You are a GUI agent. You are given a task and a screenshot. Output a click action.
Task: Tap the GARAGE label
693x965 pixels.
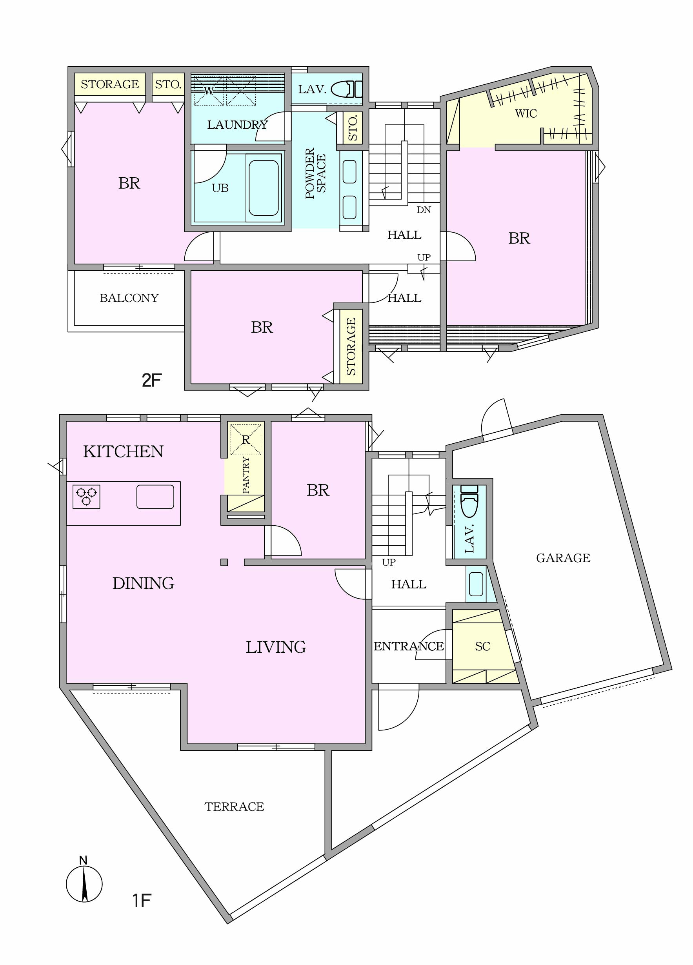[563, 558]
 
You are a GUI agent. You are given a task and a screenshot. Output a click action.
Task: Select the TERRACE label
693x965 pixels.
[234, 806]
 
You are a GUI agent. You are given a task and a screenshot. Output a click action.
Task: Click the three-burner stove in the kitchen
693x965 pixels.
[86, 497]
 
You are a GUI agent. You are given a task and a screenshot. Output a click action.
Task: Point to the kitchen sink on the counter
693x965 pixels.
[155, 497]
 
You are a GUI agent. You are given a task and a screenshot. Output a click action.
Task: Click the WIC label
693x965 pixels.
[526, 114]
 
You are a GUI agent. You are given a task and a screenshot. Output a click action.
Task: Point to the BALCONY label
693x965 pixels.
[129, 298]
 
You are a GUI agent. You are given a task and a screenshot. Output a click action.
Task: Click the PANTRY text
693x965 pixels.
[246, 475]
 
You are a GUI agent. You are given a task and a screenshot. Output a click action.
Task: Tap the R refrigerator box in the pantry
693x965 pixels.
[246, 439]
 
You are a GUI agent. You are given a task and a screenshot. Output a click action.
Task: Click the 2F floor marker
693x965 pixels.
[152, 380]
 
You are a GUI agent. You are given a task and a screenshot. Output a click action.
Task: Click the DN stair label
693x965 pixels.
[423, 210]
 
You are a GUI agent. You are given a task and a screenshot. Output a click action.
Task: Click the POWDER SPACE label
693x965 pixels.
[315, 173]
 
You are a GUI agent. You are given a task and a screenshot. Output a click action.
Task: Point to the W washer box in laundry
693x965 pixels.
[209, 91]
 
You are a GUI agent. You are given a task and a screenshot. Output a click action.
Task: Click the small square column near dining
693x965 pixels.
[224, 562]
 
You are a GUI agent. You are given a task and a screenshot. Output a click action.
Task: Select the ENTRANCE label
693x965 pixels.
[408, 646]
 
